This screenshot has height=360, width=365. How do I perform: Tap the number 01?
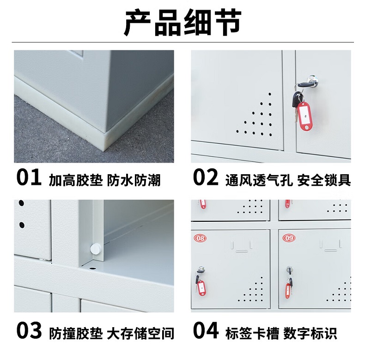tap(29, 177)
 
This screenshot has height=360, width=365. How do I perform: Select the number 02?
tap(206, 177)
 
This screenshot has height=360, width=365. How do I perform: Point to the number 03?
tap(29, 330)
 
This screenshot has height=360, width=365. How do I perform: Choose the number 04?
tap(206, 330)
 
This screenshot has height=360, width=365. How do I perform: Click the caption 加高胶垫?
tap(76, 180)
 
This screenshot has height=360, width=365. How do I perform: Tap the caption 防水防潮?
tap(134, 180)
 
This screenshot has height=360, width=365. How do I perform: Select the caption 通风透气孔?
tap(259, 180)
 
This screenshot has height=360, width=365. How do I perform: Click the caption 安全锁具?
tap(324, 180)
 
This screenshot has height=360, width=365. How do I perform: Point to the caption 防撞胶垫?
tap(76, 333)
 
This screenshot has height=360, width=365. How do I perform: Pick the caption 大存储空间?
tap(140, 333)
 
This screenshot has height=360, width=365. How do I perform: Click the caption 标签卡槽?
tap(252, 333)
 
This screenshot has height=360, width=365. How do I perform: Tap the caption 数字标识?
tap(310, 333)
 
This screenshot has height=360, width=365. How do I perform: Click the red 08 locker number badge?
tap(200, 238)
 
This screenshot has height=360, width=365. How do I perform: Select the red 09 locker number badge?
tap(289, 238)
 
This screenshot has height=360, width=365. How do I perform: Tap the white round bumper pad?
tap(95, 248)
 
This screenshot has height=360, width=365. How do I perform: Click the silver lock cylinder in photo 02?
tap(311, 80)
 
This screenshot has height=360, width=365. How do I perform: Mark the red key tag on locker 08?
tap(201, 288)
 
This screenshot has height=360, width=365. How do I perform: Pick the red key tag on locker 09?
tap(288, 291)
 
